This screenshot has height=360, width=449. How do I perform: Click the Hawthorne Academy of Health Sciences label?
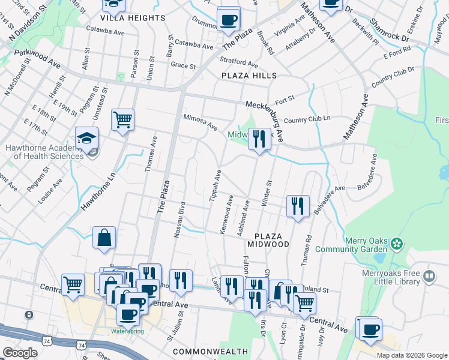pos(44,152)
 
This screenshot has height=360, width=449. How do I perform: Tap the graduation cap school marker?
pos(87,139)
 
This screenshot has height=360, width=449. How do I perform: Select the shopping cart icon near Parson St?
pos(122,119)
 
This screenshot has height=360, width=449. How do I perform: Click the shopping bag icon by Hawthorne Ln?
pos(104,238)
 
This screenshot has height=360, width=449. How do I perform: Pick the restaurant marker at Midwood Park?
pos(259,140)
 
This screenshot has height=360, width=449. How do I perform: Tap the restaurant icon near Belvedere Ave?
pos(298,206)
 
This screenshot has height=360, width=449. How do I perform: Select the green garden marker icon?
pos(396,244)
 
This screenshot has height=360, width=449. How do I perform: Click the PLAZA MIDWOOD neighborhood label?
pos(272,240)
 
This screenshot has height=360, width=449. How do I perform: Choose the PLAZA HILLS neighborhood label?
pos(249,76)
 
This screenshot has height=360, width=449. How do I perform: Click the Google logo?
pos(20,353)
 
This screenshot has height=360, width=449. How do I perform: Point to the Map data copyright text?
pos(411,355)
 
